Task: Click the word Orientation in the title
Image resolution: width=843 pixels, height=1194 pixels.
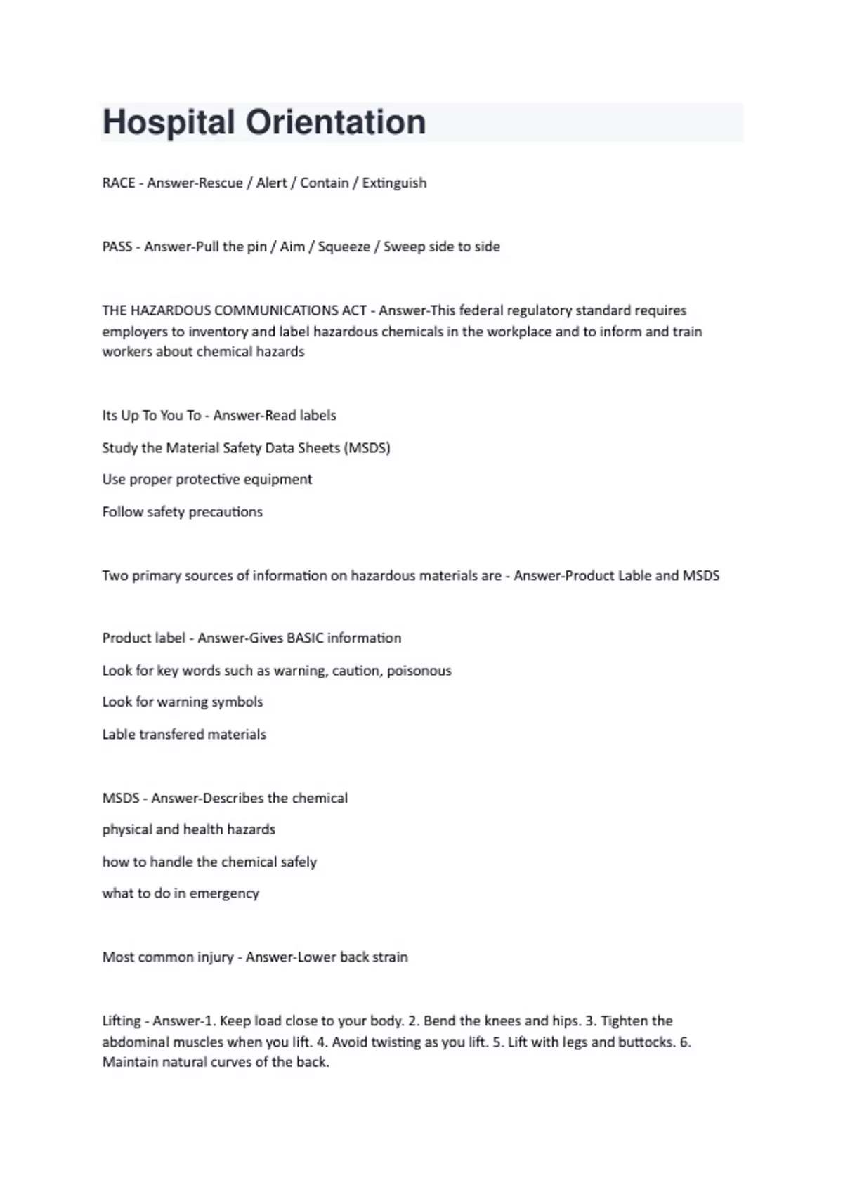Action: coord(335,122)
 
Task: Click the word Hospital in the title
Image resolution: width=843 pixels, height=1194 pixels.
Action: coord(169,122)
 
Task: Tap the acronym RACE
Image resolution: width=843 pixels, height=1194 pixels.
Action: coord(119,183)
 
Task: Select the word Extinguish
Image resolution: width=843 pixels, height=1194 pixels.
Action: coord(394,183)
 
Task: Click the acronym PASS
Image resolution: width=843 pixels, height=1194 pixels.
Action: coord(117,247)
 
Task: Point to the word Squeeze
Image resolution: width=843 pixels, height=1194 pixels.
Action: coord(344,247)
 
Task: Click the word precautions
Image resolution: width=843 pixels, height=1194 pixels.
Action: coord(226,512)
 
